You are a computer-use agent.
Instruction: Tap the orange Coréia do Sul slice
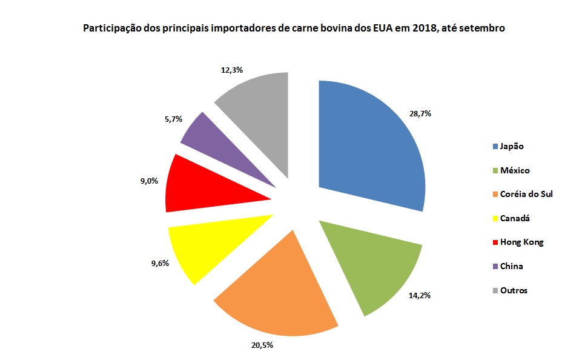tap(279, 291)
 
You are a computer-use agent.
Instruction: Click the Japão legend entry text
tap(512, 146)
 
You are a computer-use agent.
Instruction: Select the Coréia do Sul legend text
tap(526, 194)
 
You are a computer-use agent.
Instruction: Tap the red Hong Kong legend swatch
tap(495, 242)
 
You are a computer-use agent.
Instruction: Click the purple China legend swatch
tap(495, 266)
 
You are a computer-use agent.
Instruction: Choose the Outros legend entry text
tap(514, 290)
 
